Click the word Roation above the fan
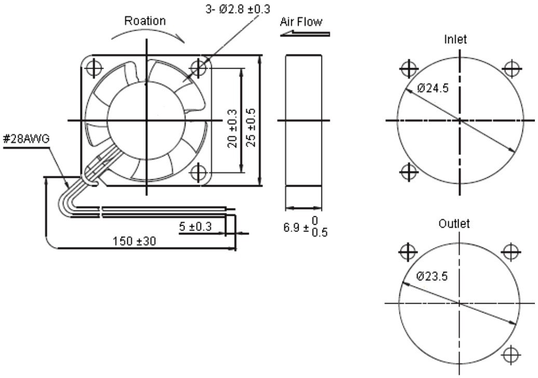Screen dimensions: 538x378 click(x=145, y=21)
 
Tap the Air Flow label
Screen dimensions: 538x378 click(x=301, y=22)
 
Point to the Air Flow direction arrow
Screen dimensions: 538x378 click(x=305, y=33)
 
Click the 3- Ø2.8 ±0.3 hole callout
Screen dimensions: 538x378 click(x=237, y=9)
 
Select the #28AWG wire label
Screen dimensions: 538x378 click(x=26, y=139)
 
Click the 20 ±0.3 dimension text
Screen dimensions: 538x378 click(x=233, y=128)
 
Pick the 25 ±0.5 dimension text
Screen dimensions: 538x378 click(x=251, y=127)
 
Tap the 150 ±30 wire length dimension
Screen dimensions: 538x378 click(x=134, y=241)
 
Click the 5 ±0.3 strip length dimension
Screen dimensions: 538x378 click(x=195, y=227)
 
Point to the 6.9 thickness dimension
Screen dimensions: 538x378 click(x=305, y=227)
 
